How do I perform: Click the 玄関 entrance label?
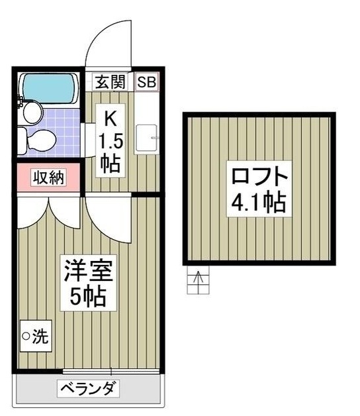click(x=110, y=83)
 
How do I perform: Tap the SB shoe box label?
click(x=147, y=83)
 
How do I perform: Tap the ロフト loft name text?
click(x=259, y=178)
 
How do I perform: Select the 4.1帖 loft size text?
click(x=259, y=201)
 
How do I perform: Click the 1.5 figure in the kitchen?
click(x=111, y=141)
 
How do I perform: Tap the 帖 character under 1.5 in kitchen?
click(x=111, y=164)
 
